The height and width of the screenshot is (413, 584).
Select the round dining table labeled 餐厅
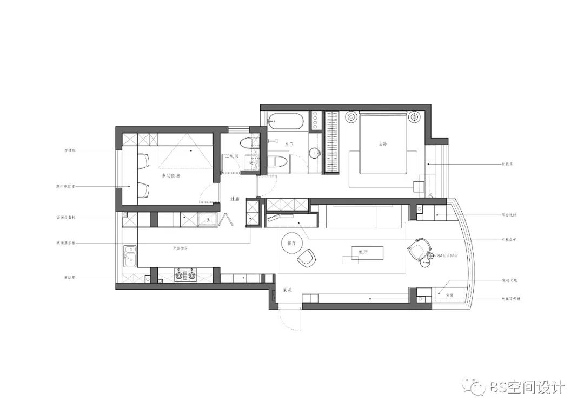pos(290,244)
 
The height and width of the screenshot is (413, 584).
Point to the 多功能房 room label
pos(171,176)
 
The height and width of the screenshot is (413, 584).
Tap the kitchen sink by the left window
pos(130,257)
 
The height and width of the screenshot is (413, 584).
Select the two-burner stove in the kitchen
pos(184,276)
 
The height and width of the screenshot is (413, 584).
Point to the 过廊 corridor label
pos(234,199)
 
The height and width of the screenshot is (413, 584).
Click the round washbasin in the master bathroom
pos(315,154)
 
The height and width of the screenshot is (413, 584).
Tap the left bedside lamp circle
pos(351,116)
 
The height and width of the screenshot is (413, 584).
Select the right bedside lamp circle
pos(414,116)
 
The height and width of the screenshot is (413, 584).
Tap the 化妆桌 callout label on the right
pos(508,163)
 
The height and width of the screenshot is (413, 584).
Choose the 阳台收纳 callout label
pos(509,215)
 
